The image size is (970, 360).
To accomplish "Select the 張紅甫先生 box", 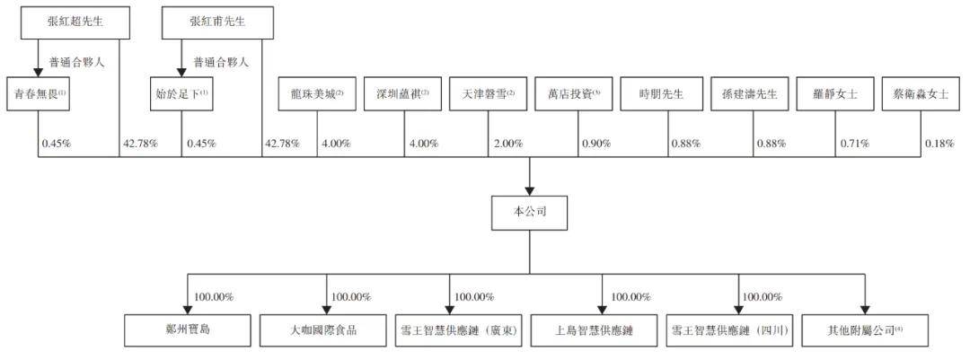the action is click(217, 22).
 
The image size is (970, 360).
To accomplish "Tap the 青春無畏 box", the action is click(39, 94).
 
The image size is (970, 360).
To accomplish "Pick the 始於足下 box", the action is click(181, 94).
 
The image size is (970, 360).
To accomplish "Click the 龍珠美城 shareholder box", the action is click(317, 94).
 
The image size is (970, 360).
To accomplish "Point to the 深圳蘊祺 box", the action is click(402, 94).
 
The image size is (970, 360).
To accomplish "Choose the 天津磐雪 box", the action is click(488, 94).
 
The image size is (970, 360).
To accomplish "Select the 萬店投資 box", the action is click(575, 94).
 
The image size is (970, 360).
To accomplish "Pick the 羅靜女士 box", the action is click(836, 94).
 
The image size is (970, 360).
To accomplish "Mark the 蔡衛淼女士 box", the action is click(921, 94).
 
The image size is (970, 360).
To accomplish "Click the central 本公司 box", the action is click(530, 212).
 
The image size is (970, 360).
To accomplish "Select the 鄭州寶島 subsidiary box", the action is click(188, 329).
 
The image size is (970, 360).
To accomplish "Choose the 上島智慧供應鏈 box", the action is click(601, 329).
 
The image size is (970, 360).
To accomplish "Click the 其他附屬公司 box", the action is click(865, 329).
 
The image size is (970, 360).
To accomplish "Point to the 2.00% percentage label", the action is click(508, 144).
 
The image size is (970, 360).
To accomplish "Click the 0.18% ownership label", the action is click(939, 144).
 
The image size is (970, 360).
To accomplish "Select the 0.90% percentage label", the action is click(596, 144).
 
